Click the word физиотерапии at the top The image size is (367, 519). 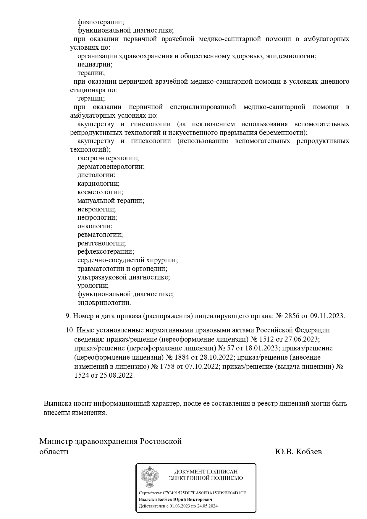pos(101,22)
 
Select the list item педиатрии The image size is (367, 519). pos(95,64)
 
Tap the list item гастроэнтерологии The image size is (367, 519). pos(108,158)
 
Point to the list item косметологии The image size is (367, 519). pos(100,192)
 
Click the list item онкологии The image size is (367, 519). pos(95,226)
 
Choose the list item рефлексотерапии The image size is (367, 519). pos(106,252)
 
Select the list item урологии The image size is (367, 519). pos(93,286)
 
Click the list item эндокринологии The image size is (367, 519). pos(104,303)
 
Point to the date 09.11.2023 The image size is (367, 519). pos(327,316)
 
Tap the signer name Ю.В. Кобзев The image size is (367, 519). pos(298,452)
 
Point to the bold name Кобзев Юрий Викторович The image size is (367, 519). pos(185,499)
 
